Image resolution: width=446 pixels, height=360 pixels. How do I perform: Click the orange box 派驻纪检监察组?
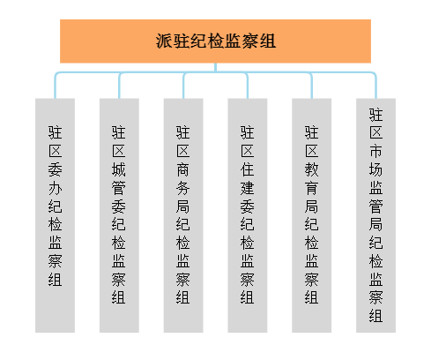[215, 41]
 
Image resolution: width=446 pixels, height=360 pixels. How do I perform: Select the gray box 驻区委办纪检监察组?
[55, 215]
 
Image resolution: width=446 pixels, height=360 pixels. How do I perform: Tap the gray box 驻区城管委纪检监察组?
[119, 215]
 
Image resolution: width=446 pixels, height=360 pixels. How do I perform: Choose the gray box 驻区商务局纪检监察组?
[183, 215]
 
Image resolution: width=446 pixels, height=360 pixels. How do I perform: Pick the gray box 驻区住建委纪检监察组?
[248, 215]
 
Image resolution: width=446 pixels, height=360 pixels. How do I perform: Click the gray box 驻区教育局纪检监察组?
[312, 215]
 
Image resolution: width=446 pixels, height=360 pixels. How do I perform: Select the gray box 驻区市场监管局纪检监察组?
[375, 215]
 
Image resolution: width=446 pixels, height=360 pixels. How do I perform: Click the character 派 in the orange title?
[163, 41]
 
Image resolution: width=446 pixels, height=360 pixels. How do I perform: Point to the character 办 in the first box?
[56, 188]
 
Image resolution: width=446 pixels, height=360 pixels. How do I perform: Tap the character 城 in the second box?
[119, 169]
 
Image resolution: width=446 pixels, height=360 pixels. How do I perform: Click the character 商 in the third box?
[183, 169]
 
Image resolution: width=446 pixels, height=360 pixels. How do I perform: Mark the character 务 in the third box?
[183, 188]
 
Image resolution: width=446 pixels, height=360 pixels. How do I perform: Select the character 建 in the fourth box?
[248, 188]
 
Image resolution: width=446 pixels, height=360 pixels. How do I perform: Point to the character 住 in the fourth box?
[248, 169]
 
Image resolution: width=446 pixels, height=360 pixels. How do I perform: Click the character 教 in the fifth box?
[311, 169]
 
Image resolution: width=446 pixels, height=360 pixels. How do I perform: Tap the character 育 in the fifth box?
[311, 188]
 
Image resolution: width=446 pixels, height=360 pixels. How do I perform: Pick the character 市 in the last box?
[375, 151]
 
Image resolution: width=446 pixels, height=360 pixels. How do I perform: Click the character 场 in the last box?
[375, 169]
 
